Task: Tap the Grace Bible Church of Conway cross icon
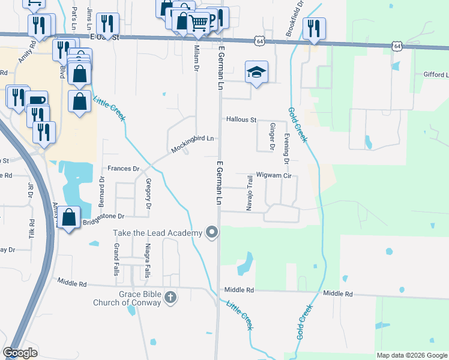click(x=170, y=297)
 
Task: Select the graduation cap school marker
click(x=256, y=73)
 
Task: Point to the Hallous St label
click(x=241, y=119)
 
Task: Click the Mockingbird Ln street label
click(x=193, y=143)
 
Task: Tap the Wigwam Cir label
click(x=273, y=176)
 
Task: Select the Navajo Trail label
click(x=249, y=193)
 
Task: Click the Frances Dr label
click(x=123, y=169)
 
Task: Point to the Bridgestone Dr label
click(x=104, y=215)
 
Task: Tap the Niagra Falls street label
click(x=146, y=261)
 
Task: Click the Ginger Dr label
click(x=272, y=137)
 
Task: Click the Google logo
click(x=20, y=352)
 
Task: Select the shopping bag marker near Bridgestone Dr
click(x=70, y=218)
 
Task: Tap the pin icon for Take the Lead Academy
click(x=211, y=232)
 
